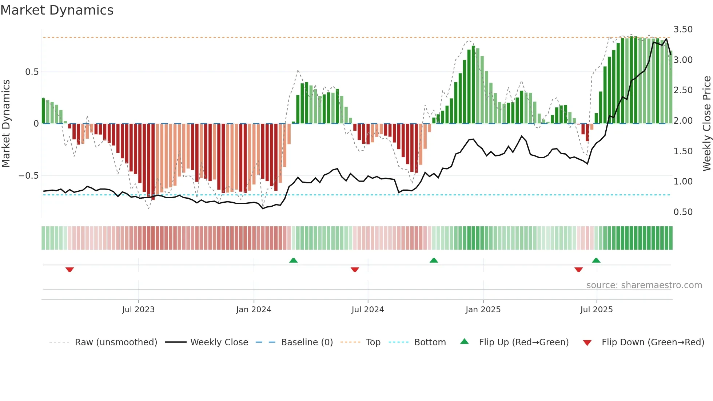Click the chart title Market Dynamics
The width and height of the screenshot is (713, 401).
tap(57, 10)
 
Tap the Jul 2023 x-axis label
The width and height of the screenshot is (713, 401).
tap(138, 309)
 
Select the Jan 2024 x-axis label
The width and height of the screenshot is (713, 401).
tap(254, 309)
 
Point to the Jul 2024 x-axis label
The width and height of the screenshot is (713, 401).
tap(367, 309)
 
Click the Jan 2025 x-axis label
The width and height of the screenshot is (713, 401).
tap(483, 309)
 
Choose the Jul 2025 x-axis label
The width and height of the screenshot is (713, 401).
tap(596, 309)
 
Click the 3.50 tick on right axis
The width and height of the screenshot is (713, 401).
tap(683, 29)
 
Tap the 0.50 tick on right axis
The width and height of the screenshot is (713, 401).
tap(683, 212)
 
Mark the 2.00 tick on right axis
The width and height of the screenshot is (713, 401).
tap(683, 120)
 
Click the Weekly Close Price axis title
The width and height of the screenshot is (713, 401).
tap(706, 123)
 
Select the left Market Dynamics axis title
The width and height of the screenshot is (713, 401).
tap(6, 123)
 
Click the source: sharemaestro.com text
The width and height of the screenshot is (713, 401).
tap(644, 285)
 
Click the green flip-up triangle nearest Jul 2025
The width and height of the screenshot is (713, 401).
tap(596, 260)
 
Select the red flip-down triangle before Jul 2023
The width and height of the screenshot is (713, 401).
tap(69, 270)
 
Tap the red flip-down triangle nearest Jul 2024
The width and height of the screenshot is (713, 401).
tap(355, 270)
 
